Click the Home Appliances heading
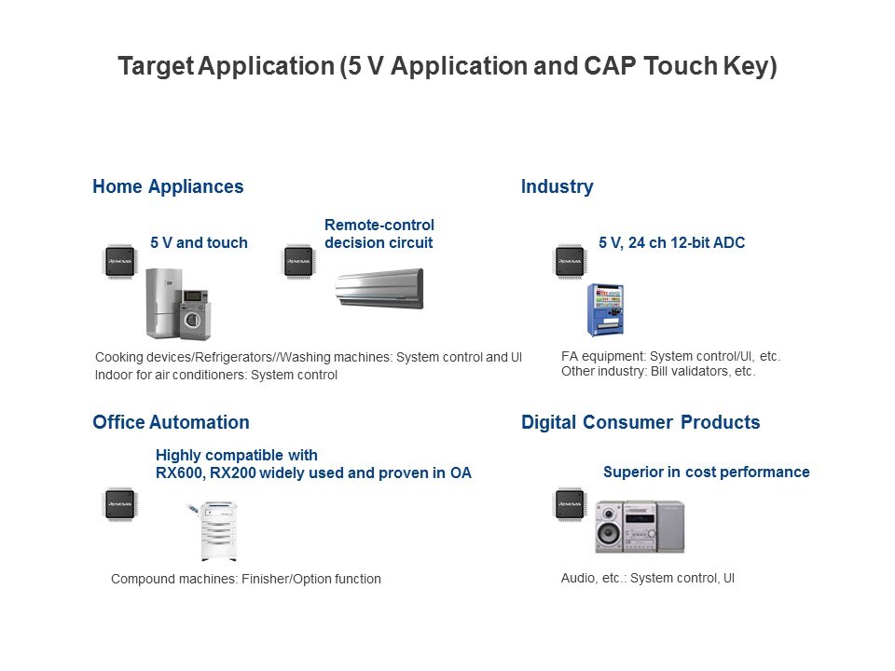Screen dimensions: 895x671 point(168,186)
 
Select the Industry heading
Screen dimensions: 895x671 point(558,186)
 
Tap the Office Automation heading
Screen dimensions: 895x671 point(171,422)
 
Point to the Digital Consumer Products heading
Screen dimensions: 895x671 point(640,422)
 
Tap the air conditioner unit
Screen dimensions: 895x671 point(379,289)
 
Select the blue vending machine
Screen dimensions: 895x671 point(605,309)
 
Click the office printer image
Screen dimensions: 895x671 point(214,530)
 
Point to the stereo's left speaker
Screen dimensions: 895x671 point(609,527)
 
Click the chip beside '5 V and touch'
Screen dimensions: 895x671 point(120,261)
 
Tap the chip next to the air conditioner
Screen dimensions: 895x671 point(299,261)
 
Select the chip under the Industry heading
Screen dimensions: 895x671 point(570,261)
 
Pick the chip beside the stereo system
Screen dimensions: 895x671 point(570,504)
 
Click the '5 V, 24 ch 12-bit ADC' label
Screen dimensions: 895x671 point(672,242)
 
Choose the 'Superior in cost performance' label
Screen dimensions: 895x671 point(707,472)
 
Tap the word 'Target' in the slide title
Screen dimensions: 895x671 point(156,66)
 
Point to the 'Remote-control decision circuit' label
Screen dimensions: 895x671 point(379,233)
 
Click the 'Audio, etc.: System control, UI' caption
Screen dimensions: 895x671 point(648,578)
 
